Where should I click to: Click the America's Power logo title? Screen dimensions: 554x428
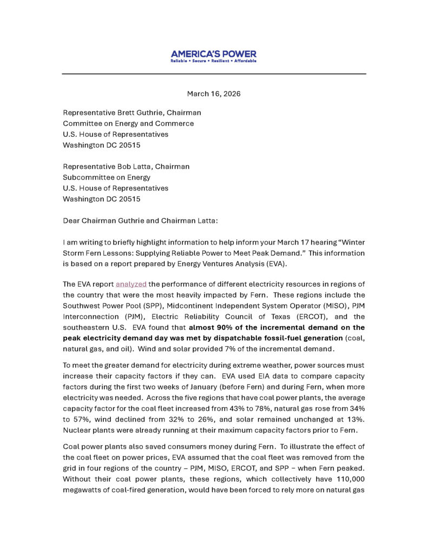(x=214, y=54)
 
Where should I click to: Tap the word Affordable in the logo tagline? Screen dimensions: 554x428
(x=246, y=61)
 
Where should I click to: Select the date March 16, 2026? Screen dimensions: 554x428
(x=214, y=94)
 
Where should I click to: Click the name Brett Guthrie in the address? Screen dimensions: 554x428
(x=140, y=113)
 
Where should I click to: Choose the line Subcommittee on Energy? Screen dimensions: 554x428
(x=107, y=177)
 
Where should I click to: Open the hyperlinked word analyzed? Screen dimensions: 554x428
(x=131, y=285)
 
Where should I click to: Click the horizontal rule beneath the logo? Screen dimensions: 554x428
(x=214, y=74)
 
